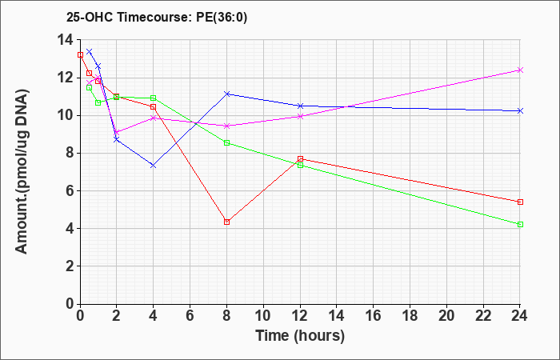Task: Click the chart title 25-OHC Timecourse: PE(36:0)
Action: [x=157, y=18]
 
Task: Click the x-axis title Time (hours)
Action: [x=300, y=336]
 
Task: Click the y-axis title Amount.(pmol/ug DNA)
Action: [x=22, y=171]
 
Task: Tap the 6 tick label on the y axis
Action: [x=70, y=190]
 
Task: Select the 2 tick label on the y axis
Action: [x=70, y=266]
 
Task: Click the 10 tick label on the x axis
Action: [x=263, y=316]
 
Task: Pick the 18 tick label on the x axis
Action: [x=410, y=316]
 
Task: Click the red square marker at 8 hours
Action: [x=226, y=222]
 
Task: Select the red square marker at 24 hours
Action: [x=520, y=202]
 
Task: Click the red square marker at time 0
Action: [x=80, y=54]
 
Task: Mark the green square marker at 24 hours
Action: [x=520, y=224]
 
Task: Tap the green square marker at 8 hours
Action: [x=226, y=143]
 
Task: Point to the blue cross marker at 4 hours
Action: [x=154, y=166]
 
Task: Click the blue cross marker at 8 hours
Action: [x=226, y=94]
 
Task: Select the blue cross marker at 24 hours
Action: [x=520, y=110]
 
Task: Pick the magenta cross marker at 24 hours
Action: [x=520, y=70]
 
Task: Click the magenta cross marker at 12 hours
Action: [x=300, y=116]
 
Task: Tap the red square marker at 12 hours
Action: [x=300, y=158]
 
